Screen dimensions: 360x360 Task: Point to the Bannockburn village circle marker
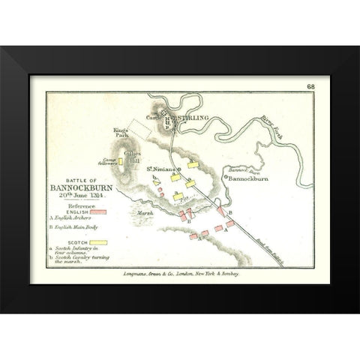223,180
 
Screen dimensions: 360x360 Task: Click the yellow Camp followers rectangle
118,160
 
